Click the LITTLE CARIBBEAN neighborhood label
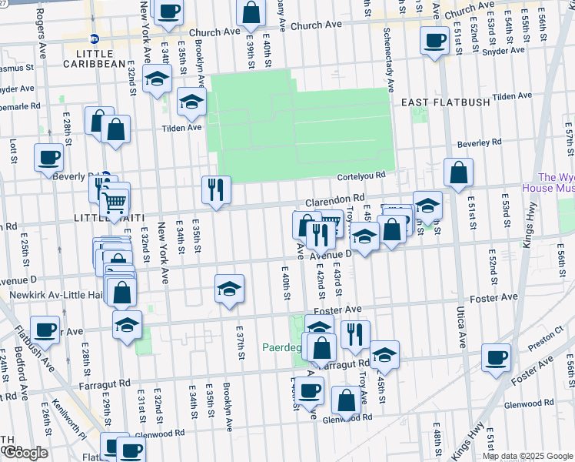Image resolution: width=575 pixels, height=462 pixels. (x=94, y=63)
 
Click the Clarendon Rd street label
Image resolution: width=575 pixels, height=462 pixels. (x=334, y=199)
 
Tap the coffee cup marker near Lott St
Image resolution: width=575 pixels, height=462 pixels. (x=48, y=157)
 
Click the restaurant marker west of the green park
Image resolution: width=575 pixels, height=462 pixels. (x=216, y=189)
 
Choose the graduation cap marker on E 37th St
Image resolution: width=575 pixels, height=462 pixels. (x=229, y=290)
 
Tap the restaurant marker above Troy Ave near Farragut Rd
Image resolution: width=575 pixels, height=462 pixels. (x=355, y=334)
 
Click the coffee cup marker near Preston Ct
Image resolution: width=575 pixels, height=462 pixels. (x=497, y=357)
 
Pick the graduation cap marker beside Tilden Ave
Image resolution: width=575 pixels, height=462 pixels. (x=192, y=102)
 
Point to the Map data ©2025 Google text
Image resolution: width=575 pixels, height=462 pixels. (x=527, y=456)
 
